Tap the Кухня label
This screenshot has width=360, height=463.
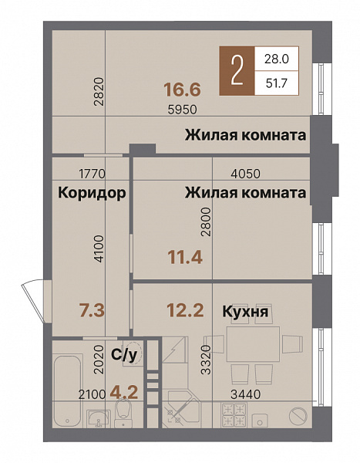pyautogui.click(x=244, y=312)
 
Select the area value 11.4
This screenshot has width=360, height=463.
pyautogui.click(x=184, y=257)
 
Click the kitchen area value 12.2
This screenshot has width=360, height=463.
pyautogui.click(x=184, y=310)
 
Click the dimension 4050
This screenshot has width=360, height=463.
pyautogui.click(x=249, y=174)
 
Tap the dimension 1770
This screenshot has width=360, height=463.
pyautogui.click(x=92, y=174)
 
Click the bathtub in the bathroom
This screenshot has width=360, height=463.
pyautogui.click(x=67, y=382)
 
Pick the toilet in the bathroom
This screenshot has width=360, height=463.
pyautogui.click(x=128, y=417)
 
